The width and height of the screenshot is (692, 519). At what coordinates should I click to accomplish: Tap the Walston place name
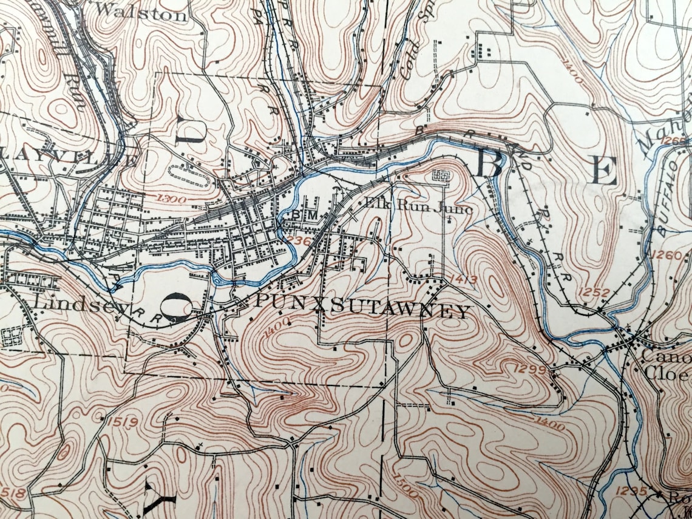141,12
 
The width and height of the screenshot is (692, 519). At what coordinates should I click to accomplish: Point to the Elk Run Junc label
419,206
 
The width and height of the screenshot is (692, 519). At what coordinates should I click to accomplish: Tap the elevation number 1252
594,292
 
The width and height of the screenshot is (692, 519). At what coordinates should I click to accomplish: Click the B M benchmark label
304,215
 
